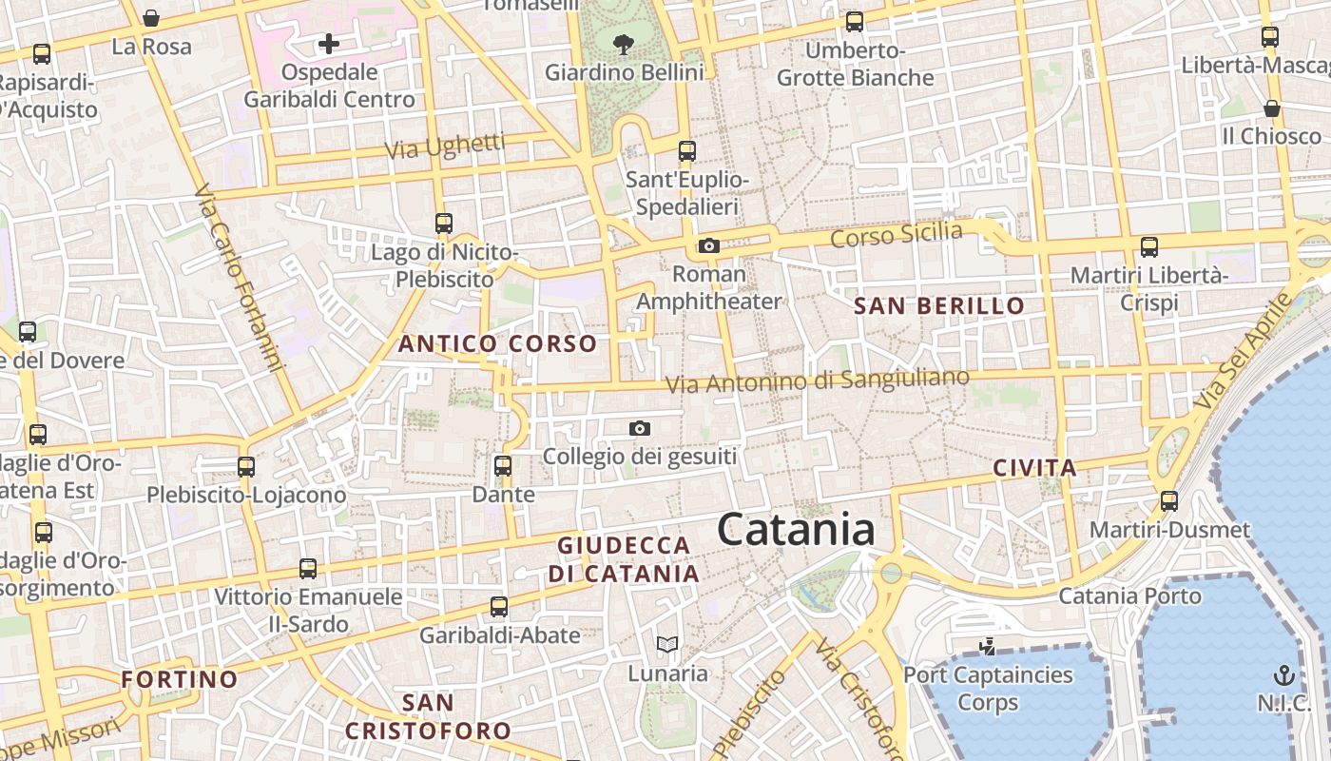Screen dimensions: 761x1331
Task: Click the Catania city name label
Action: pyautogui.click(x=796, y=529)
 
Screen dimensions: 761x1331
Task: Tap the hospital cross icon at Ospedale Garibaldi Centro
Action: pyautogui.click(x=328, y=44)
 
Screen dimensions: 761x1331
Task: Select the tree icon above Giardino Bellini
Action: pyautogui.click(x=624, y=43)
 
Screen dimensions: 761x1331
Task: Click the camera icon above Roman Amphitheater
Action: pyautogui.click(x=708, y=246)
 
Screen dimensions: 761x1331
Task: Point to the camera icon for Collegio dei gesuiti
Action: pyautogui.click(x=640, y=429)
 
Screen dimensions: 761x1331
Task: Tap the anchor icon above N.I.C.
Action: pyautogui.click(x=1284, y=676)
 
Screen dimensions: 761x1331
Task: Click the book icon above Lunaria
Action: pyautogui.click(x=667, y=645)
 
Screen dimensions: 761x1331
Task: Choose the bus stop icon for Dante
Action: pyautogui.click(x=503, y=466)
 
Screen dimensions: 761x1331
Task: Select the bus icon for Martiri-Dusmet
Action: pyautogui.click(x=1169, y=500)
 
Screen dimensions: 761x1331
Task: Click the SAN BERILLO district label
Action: pyautogui.click(x=939, y=306)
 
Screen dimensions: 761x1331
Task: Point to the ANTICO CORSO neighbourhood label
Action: pyautogui.click(x=497, y=343)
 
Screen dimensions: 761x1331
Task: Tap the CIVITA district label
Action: pyautogui.click(x=1034, y=468)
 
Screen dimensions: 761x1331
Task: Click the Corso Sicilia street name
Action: pyautogui.click(x=896, y=234)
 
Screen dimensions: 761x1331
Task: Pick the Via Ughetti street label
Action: pyautogui.click(x=445, y=146)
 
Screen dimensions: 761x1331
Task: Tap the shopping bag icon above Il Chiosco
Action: pyautogui.click(x=1272, y=108)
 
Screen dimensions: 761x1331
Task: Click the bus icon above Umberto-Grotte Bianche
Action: pyautogui.click(x=855, y=22)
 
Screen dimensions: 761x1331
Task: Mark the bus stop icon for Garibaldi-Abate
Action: pyautogui.click(x=499, y=606)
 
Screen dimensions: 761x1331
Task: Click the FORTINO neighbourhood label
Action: pyautogui.click(x=180, y=679)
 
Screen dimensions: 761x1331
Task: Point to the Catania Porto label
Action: pyautogui.click(x=1129, y=596)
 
